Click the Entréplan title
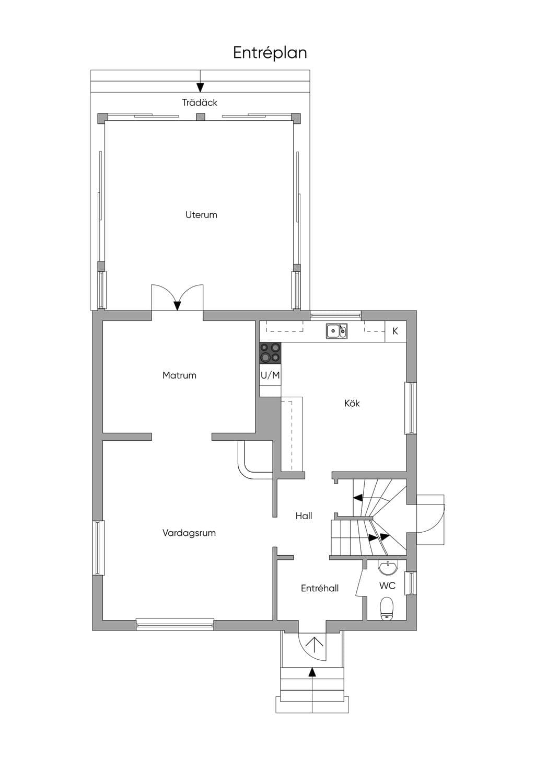click(x=270, y=53)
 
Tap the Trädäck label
click(x=200, y=102)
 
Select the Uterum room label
click(x=201, y=214)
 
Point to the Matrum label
click(x=179, y=375)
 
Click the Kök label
click(x=352, y=403)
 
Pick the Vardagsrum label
click(x=189, y=533)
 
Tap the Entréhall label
click(x=320, y=588)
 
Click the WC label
click(x=387, y=586)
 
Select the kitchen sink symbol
click(x=336, y=331)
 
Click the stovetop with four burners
click(x=270, y=353)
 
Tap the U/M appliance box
click(x=270, y=375)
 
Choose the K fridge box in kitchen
click(x=396, y=331)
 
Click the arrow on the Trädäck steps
click(x=201, y=81)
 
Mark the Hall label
click(x=304, y=515)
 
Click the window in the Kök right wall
click(x=411, y=408)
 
